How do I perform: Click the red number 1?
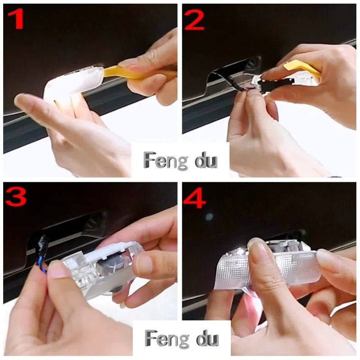(16, 19)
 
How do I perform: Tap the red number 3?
(16, 197)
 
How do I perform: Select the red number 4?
(194, 198)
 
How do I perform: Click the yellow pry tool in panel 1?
(138, 72)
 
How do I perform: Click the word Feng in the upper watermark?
(166, 160)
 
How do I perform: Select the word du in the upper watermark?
(206, 161)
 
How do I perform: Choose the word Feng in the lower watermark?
(167, 339)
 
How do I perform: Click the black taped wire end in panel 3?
(42, 244)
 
